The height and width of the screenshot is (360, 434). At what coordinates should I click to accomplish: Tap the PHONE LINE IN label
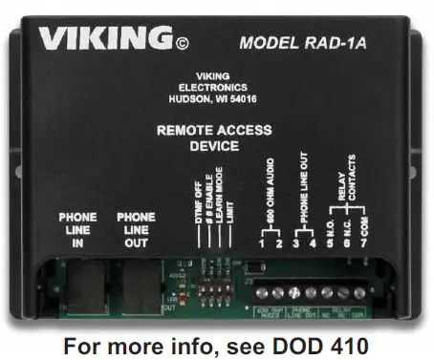point(77,230)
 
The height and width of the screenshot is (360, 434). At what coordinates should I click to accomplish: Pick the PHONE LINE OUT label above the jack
point(136,230)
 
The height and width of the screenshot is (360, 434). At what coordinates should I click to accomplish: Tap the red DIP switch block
point(214,285)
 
